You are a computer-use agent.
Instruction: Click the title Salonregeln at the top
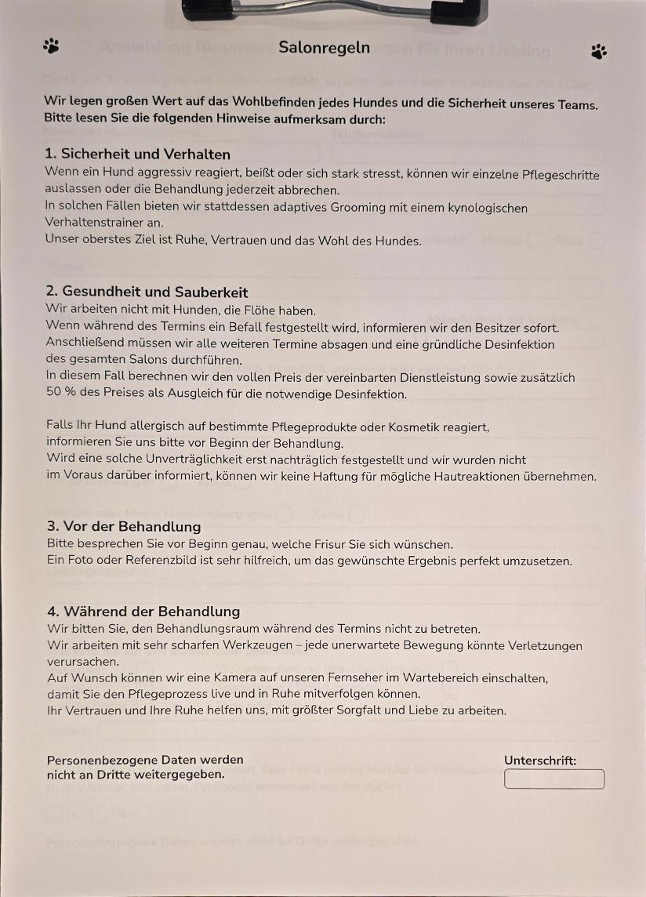tap(324, 47)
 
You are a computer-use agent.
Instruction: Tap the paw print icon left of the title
tap(52, 45)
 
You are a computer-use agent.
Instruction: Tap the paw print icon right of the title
tap(599, 52)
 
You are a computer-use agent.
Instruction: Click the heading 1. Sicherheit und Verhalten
tap(138, 154)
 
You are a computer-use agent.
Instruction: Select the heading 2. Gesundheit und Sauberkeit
tap(147, 292)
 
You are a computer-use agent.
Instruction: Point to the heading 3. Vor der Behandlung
tap(124, 527)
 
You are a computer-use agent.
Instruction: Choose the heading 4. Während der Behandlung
tap(143, 612)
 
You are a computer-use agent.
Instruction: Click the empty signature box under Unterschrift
tap(554, 779)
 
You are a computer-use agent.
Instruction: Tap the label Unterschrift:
tap(540, 760)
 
